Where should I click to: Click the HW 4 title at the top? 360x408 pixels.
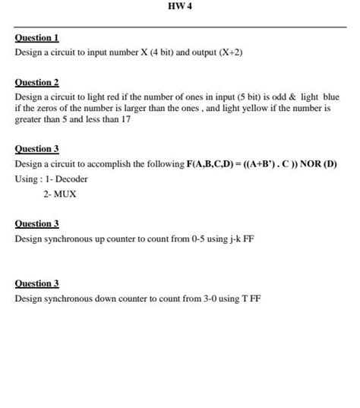pyautogui.click(x=180, y=7)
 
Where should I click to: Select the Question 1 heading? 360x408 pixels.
pyautogui.click(x=36, y=38)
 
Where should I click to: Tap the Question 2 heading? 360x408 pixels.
pyautogui.click(x=36, y=82)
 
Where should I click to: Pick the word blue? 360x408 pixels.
pyautogui.click(x=331, y=97)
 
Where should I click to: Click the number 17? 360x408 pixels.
pyautogui.click(x=125, y=120)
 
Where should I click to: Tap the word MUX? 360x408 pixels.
pyautogui.click(x=65, y=194)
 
